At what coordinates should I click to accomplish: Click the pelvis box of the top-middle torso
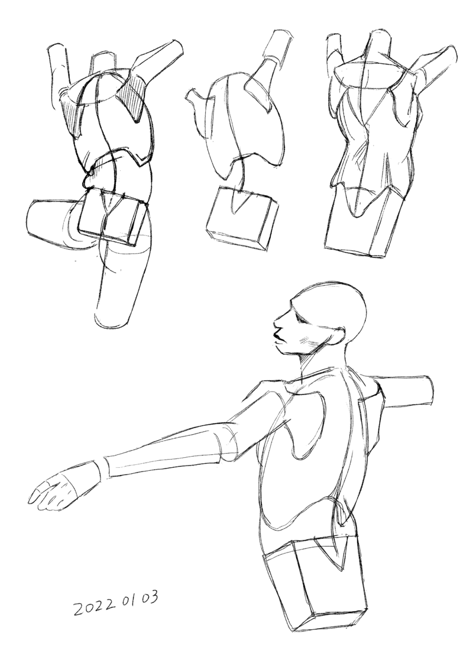(x=241, y=217)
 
